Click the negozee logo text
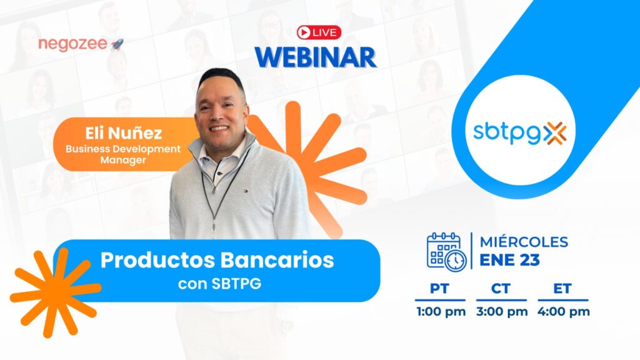pos(73,44)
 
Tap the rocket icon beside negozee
pos(117,44)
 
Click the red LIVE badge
pos(319,32)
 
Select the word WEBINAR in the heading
pos(316,57)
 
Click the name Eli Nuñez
pos(123,133)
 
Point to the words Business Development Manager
pos(123,154)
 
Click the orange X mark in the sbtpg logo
pos(555,133)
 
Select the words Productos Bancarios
pos(217,260)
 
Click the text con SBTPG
pos(219,284)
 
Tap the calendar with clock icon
pos(446,252)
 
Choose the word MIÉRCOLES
pos(524,242)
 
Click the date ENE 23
pos(509,260)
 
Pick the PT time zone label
pos(439,289)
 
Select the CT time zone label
pos(501,289)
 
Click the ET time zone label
pos(562,289)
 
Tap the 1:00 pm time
pos(441,312)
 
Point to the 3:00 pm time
pos(502,312)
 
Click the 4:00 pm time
pos(563,312)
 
